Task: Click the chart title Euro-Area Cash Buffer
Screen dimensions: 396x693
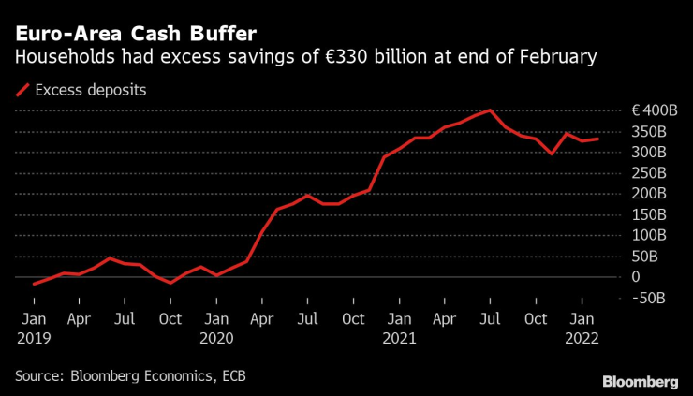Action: coord(135,35)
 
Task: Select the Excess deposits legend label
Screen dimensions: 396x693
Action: coord(91,90)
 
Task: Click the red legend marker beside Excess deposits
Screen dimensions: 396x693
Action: coord(21,90)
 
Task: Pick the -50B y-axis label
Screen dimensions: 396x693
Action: coord(646,298)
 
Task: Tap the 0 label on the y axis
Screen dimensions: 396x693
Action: coord(636,277)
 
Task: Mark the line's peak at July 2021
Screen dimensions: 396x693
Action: coord(491,110)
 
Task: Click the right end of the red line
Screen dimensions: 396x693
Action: coord(597,139)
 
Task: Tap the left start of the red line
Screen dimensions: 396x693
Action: coord(34,284)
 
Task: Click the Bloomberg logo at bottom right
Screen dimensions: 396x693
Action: coord(640,381)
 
